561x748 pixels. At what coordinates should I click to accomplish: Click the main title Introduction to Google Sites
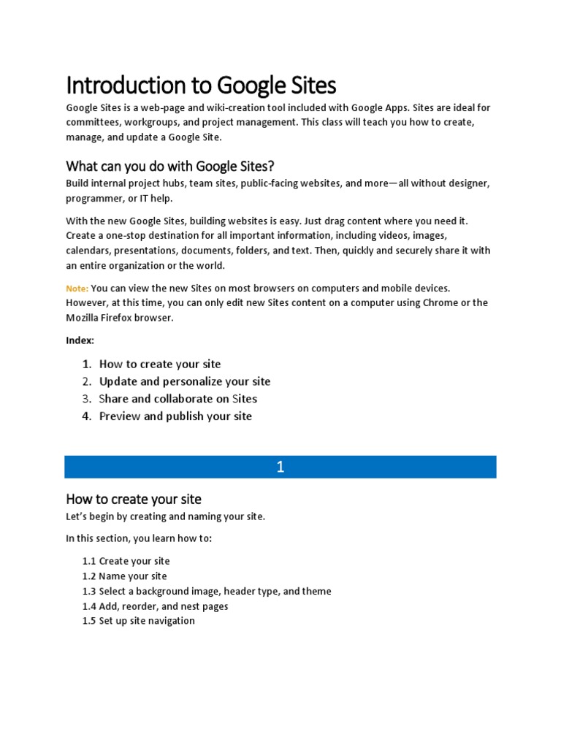coord(201,85)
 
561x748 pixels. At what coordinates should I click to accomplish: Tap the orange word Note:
coord(77,289)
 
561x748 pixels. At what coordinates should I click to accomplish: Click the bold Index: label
coord(80,340)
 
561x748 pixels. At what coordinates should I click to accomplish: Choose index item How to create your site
coord(159,364)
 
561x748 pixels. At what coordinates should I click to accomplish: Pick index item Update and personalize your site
coord(184,381)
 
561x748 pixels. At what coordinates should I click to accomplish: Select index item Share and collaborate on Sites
coord(178,399)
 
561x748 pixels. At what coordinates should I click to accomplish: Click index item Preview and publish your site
coord(175,416)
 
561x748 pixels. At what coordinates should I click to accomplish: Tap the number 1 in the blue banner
coord(280,467)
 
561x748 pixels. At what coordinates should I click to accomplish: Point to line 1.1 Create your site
coord(126,561)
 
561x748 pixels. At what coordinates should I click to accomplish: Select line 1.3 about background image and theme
coord(207,591)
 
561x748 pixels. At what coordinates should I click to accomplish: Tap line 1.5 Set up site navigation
coord(138,621)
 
